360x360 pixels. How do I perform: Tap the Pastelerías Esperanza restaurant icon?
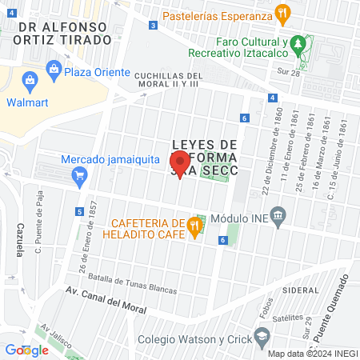click(x=282, y=14)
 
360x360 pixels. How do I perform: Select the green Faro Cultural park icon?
click(x=298, y=42)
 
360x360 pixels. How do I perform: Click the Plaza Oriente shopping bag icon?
click(x=54, y=70)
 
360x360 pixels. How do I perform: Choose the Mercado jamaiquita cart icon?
click(x=78, y=178)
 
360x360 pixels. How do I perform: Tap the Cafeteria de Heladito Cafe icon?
click(x=194, y=228)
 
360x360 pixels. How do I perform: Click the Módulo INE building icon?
click(x=278, y=215)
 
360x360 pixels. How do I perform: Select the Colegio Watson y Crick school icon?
click(x=261, y=337)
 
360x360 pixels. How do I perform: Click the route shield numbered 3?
click(x=152, y=26)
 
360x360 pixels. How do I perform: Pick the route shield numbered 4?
click(x=273, y=98)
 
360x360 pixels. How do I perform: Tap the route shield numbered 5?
click(x=79, y=212)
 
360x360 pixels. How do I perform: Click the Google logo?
click(x=26, y=350)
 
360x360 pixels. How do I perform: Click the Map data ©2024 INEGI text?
click(x=312, y=354)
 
